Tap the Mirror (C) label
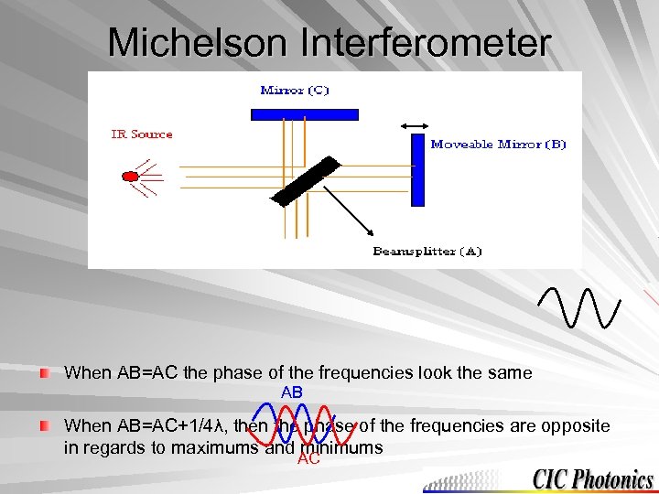(x=295, y=90)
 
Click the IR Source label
(x=142, y=134)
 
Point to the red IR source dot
(x=130, y=175)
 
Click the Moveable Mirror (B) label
(x=499, y=144)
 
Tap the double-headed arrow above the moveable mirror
(x=416, y=125)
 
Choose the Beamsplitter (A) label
(x=427, y=251)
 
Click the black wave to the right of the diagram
(x=580, y=306)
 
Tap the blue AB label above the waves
(x=292, y=392)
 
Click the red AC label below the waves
(x=308, y=459)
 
